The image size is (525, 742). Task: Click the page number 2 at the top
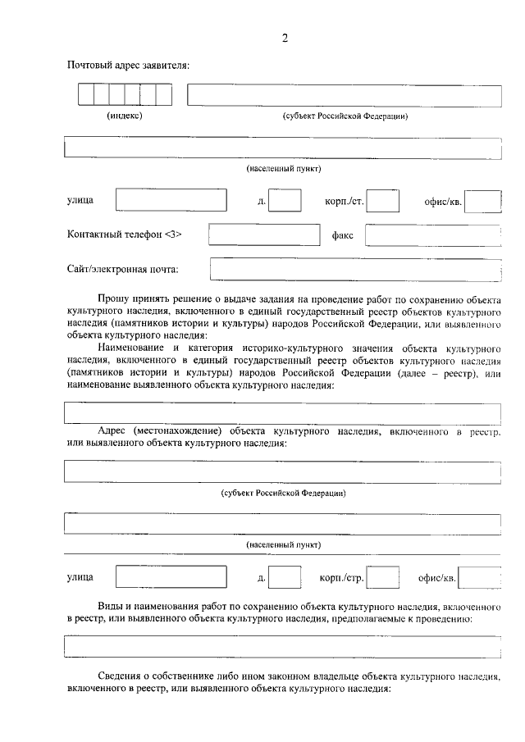click(x=284, y=38)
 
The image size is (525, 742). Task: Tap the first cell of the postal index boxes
click(x=86, y=95)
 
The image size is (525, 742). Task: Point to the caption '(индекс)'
click(x=126, y=116)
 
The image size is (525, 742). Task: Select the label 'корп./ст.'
click(x=345, y=200)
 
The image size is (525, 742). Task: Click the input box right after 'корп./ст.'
click(x=382, y=200)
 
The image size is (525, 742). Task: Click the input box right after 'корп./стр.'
click(x=383, y=578)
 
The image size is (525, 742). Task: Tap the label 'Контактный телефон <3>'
click(x=125, y=234)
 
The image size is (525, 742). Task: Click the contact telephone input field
click(x=263, y=234)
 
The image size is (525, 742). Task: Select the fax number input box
click(x=432, y=235)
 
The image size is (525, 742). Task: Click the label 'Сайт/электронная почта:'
click(x=123, y=269)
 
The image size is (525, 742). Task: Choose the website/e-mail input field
click(x=355, y=269)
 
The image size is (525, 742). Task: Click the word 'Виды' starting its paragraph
click(x=110, y=607)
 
